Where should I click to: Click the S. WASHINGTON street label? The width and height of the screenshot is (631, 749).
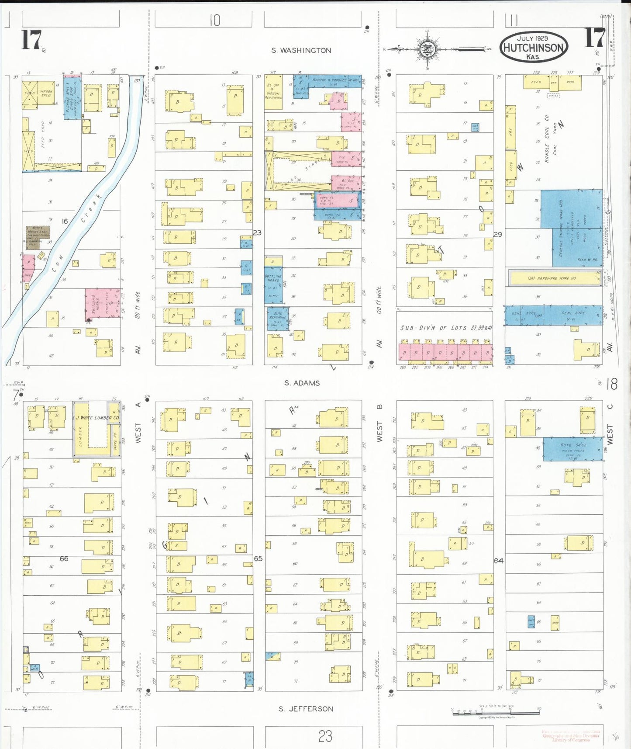(301, 50)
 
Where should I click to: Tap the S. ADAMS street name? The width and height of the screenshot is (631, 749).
(302, 383)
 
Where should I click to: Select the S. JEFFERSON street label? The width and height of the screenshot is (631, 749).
(306, 709)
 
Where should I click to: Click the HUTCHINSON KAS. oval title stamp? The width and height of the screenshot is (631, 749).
(533, 47)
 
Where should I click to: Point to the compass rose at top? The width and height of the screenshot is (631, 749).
(427, 49)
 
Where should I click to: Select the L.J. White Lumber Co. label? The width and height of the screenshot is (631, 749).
(95, 418)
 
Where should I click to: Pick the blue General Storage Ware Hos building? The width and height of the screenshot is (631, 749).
(571, 229)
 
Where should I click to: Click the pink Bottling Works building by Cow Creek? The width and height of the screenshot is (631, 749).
(102, 303)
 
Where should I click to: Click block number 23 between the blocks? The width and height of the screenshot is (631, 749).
(257, 232)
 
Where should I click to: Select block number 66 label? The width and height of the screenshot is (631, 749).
(64, 558)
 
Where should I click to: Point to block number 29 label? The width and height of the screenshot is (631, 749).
(497, 234)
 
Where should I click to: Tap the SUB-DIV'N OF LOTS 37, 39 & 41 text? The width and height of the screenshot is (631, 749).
(446, 328)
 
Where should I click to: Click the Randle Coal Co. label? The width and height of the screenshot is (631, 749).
(546, 139)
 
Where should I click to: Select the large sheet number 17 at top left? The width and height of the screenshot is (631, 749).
(31, 40)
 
